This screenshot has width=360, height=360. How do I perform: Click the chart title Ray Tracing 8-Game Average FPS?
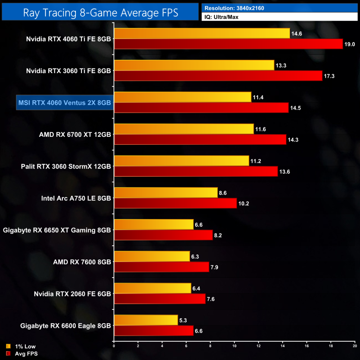(x=101, y=13)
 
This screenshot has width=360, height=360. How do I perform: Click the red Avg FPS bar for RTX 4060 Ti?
(x=228, y=44)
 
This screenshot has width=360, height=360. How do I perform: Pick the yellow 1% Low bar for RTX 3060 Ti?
(x=194, y=65)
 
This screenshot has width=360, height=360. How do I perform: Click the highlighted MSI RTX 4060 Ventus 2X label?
(x=64, y=103)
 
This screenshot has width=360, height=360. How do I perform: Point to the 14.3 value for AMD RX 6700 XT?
(x=294, y=140)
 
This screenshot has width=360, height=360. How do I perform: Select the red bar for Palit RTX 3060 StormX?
(x=196, y=171)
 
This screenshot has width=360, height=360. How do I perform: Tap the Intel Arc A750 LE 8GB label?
(x=76, y=198)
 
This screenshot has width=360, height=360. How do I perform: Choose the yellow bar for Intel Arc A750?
(x=166, y=193)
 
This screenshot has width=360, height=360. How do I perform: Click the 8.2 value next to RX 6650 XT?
(x=218, y=236)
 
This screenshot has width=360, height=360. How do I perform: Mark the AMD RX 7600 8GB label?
(x=82, y=262)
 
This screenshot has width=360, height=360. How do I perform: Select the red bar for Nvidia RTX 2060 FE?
(x=160, y=299)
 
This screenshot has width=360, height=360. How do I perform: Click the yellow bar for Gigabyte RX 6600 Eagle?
(x=146, y=320)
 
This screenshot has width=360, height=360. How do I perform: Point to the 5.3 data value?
(x=184, y=320)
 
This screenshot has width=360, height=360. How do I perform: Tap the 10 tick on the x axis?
(x=234, y=346)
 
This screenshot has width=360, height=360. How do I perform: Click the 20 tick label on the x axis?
(x=354, y=346)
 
